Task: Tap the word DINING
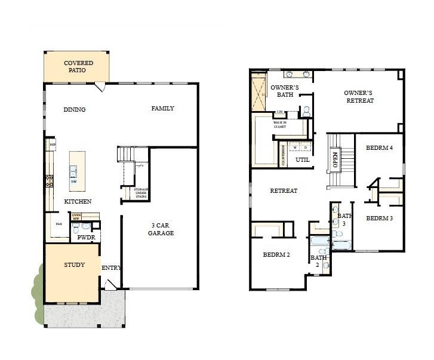click(75, 109)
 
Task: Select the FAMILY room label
click(162, 108)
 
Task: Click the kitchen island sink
click(74, 169)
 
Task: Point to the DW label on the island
click(73, 181)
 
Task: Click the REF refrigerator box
click(52, 144)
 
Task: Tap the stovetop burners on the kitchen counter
click(49, 180)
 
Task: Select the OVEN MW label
click(76, 217)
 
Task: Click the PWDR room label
click(86, 237)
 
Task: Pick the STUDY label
click(74, 264)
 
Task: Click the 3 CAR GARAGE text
click(161, 229)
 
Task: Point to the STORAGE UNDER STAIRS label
click(141, 193)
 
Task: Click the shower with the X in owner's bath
click(259, 91)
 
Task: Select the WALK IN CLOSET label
click(280, 124)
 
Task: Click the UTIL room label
click(302, 159)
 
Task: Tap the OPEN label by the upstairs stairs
click(335, 159)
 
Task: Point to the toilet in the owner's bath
click(306, 111)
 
